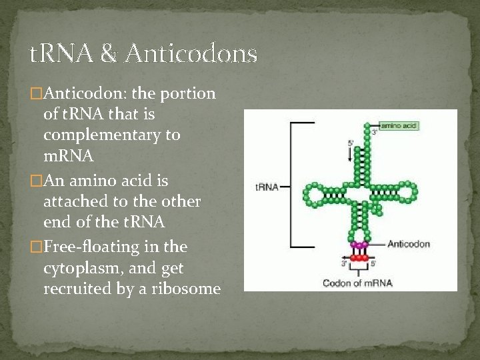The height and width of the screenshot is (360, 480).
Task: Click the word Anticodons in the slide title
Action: coord(190,54)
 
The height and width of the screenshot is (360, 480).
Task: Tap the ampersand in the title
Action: coord(109,54)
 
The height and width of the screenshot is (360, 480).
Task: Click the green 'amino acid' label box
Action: coord(399,125)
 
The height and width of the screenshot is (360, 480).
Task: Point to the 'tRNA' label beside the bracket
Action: coord(267,187)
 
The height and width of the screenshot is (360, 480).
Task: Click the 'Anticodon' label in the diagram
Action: coord(408,243)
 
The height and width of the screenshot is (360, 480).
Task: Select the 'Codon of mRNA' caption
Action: coord(357,283)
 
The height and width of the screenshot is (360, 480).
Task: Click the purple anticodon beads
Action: coord(359,245)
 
